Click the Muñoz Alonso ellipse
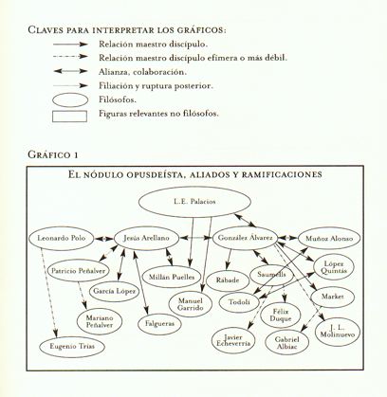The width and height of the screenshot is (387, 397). (327, 239)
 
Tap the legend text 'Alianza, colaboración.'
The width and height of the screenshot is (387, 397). (139, 71)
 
